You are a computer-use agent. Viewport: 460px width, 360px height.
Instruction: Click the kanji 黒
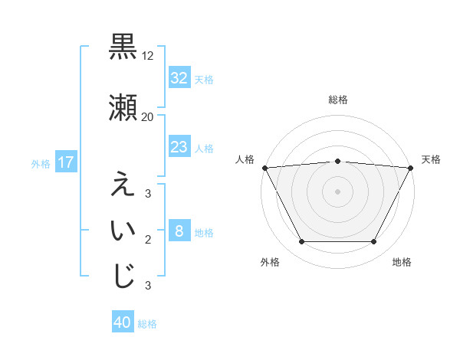[x=123, y=47]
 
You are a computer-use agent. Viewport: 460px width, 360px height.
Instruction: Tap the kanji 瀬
[x=123, y=108]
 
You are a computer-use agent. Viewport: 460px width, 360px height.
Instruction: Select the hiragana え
[x=123, y=185]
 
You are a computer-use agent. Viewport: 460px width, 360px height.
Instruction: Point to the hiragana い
[x=123, y=231]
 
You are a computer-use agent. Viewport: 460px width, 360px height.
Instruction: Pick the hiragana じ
[x=123, y=277]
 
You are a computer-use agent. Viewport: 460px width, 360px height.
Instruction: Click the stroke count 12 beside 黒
[x=148, y=56]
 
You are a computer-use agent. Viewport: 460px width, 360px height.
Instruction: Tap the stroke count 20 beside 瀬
[x=148, y=117]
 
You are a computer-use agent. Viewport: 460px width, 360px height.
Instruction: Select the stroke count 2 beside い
[x=148, y=240]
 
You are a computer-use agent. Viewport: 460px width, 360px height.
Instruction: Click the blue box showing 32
[x=179, y=78]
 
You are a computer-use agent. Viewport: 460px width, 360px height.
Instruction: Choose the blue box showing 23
[x=179, y=147]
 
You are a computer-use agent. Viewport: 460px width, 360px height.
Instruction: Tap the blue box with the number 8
[x=179, y=231]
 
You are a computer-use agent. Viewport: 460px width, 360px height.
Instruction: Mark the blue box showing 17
[x=65, y=162]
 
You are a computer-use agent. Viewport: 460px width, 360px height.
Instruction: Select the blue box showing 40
[x=123, y=323]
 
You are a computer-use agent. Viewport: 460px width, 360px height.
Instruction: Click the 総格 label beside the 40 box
[x=147, y=324]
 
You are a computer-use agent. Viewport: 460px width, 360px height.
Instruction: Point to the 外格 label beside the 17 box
[x=41, y=163]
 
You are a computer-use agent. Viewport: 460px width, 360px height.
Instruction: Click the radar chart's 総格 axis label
[x=337, y=100]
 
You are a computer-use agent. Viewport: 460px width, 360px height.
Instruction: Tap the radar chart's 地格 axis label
[x=402, y=262]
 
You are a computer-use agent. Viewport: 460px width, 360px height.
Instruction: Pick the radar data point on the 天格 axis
[x=410, y=168]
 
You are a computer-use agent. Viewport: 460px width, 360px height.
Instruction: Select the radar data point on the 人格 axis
[x=264, y=168]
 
